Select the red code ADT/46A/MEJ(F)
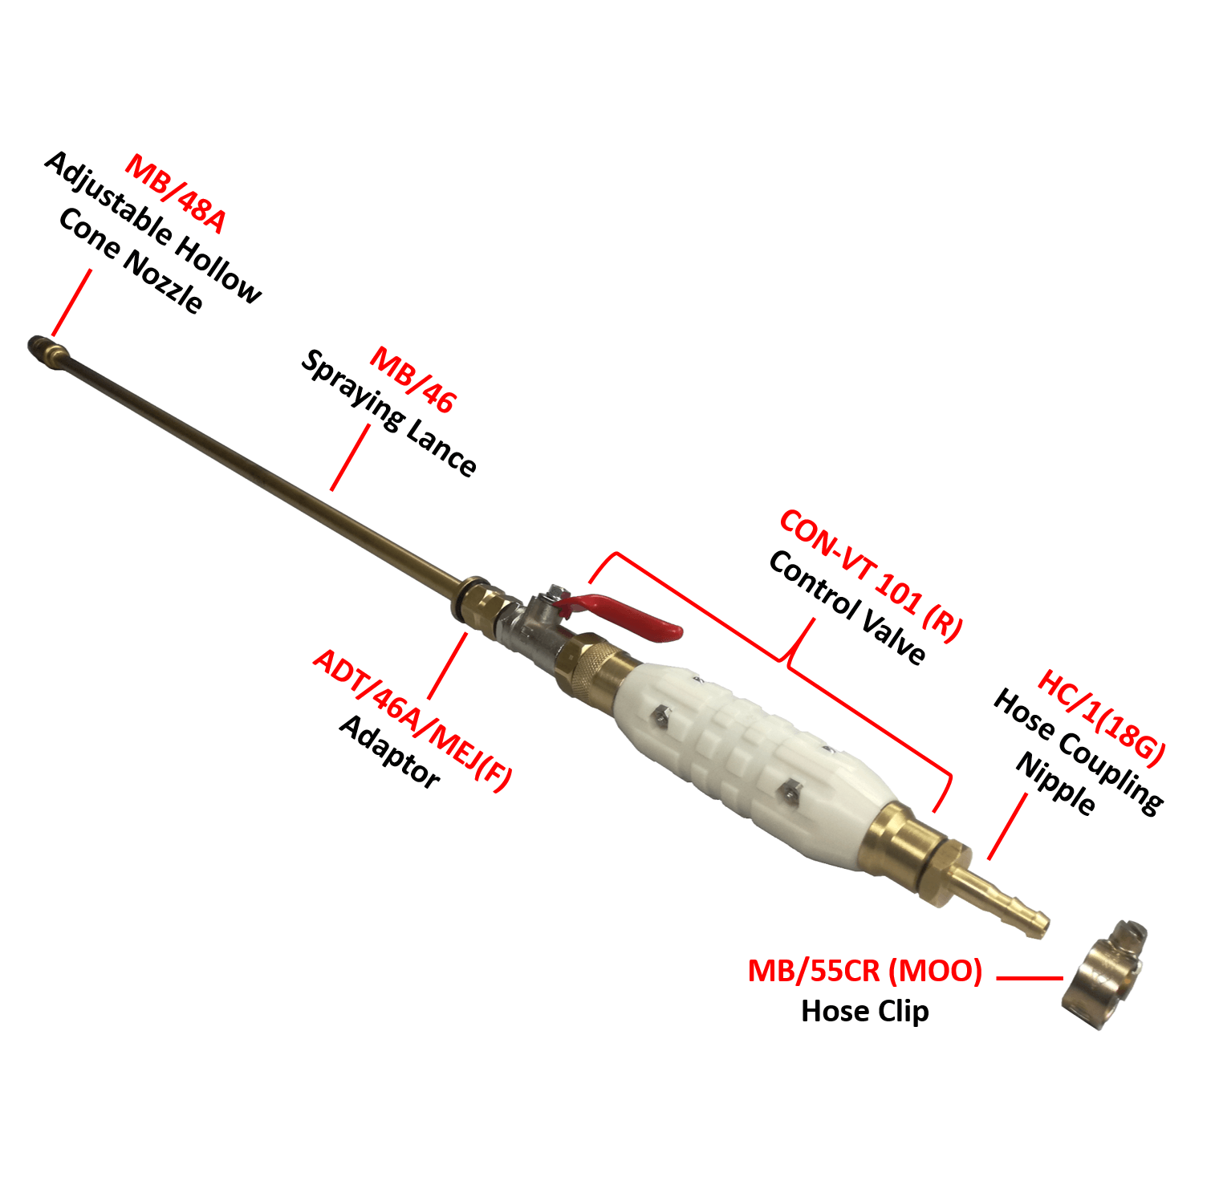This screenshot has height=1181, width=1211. (412, 720)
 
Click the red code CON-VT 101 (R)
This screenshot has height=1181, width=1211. (870, 574)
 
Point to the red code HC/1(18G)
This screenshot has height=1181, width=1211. (1101, 716)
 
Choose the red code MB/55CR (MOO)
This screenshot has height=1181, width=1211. (865, 971)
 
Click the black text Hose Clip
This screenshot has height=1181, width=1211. (865, 1011)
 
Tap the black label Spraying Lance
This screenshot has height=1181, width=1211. (389, 413)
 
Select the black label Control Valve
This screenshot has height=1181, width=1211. (847, 607)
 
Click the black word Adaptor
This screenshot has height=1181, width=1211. (390, 751)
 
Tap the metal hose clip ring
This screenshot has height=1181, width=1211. (1103, 975)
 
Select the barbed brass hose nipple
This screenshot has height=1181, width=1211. (1003, 897)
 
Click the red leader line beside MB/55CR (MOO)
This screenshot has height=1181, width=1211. (1030, 978)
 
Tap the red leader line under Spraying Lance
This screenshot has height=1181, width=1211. (351, 457)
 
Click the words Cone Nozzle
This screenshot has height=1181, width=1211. (131, 260)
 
